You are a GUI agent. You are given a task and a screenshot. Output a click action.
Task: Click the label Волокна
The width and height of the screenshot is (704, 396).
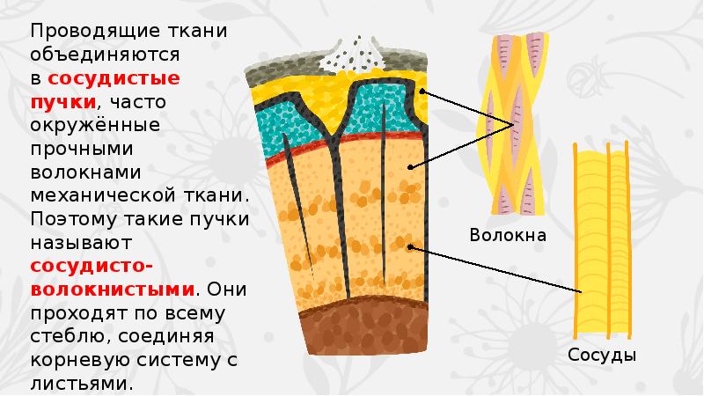coord(508,236)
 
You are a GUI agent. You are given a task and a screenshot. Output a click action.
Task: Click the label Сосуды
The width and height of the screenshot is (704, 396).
coord(601,356)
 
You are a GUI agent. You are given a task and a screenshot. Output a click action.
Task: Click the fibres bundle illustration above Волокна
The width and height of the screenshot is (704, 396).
coord(513,123)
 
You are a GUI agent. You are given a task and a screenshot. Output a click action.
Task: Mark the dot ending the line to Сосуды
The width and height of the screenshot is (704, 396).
coord(412,247)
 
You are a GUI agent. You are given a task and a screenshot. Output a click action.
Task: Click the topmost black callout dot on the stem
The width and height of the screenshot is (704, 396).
coord(423,92)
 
